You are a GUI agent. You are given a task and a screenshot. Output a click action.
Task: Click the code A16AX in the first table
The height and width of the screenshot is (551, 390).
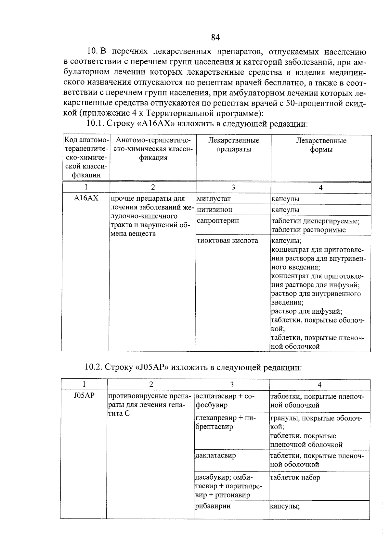point(86,198)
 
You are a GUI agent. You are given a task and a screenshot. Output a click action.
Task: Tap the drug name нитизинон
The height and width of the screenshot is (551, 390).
point(214,210)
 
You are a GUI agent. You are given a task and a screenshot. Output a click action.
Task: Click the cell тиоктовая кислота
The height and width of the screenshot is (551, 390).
point(227,241)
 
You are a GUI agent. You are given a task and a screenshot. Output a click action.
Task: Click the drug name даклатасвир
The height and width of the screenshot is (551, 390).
point(215,455)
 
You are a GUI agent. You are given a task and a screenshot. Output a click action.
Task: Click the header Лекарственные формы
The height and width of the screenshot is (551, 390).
point(321,145)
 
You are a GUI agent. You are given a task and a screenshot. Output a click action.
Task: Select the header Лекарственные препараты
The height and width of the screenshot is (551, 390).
point(233,145)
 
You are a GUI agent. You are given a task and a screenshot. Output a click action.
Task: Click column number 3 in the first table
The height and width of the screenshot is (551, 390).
point(233,187)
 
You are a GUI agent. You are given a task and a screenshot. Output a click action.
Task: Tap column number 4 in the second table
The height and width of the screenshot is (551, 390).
point(319,385)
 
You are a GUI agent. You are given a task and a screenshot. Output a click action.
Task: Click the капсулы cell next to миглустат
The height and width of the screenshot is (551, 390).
point(285,199)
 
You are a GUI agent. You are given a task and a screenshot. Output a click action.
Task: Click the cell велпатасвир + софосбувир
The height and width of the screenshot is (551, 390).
point(226,401)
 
